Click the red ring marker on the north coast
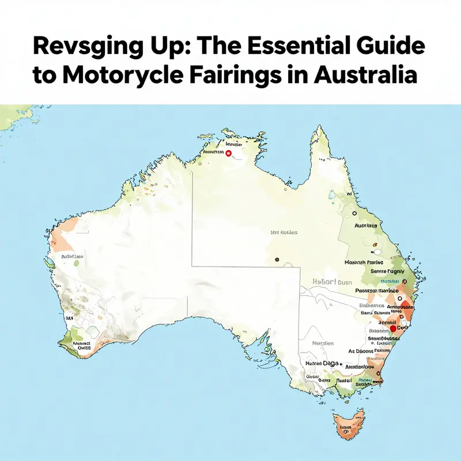pyautogui.click(x=229, y=153)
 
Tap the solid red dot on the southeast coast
pyautogui.click(x=394, y=328)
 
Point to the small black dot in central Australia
pyautogui.click(x=277, y=260)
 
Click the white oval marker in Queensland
pyautogui.click(x=377, y=252)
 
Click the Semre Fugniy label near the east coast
pyautogui.click(x=387, y=270)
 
